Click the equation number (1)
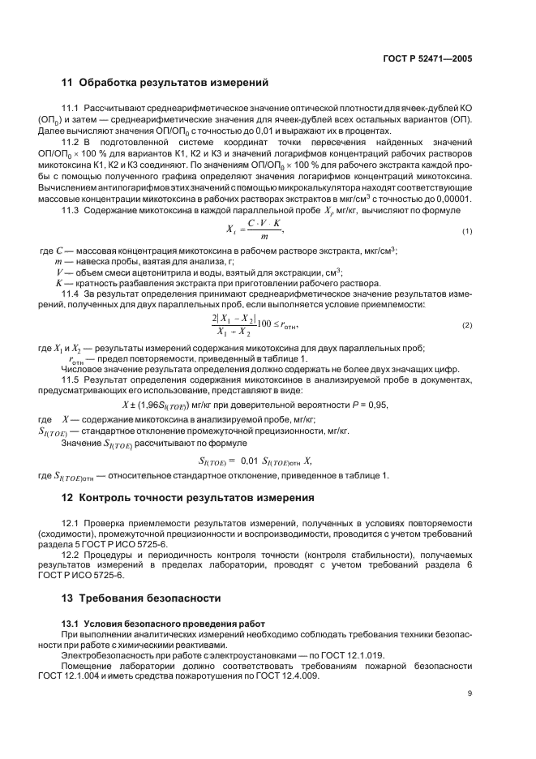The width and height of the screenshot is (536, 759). (x=467, y=232)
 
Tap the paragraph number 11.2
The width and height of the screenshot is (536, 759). (x=72, y=144)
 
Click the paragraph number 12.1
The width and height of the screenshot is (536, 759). (x=72, y=521)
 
